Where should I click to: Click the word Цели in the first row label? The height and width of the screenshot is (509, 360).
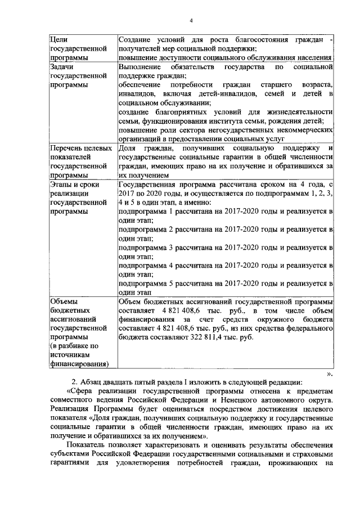click(59, 40)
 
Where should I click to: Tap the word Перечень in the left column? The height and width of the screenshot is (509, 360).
click(67, 148)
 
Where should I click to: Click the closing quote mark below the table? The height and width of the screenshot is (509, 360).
click(330, 373)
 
